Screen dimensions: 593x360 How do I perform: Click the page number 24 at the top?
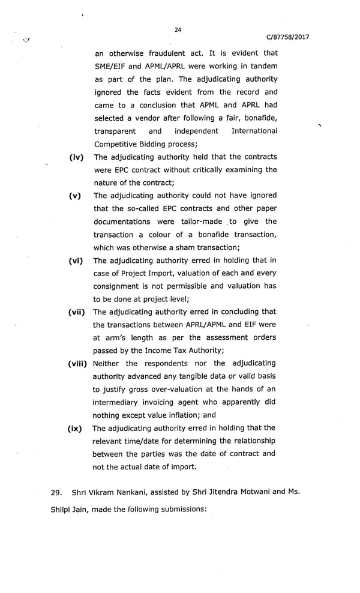coord(178,29)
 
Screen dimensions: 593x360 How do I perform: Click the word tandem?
coord(263,66)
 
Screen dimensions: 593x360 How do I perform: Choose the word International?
coord(254,131)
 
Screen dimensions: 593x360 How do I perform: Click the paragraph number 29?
coord(57,493)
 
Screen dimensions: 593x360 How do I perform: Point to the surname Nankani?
coord(139,493)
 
